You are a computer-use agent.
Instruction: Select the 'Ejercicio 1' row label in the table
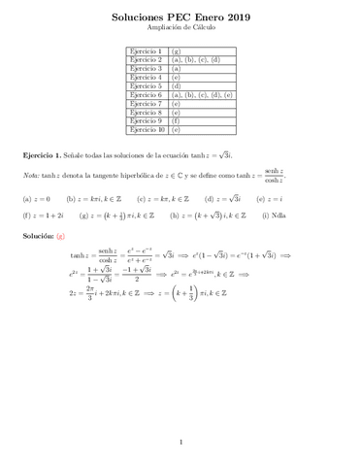pos(147,50)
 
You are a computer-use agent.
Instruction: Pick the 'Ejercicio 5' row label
pos(147,85)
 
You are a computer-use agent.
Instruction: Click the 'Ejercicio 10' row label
pos(148,128)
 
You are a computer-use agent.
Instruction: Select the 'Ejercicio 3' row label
pos(147,68)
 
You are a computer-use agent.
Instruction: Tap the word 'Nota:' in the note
pos(31,176)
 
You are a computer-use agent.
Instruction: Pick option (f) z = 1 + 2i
pos(43,215)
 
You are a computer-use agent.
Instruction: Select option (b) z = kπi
pos(92,198)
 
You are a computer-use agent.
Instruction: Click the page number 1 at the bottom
pos(180,444)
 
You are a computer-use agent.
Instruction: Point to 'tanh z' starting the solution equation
pos(82,255)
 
